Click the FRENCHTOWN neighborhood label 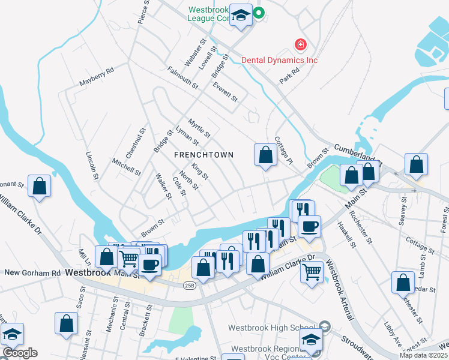pos(203,154)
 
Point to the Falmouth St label pos(182,77)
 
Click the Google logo pos(20,353)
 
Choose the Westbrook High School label pos(271,328)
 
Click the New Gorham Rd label pos(32,272)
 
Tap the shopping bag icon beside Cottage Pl pos(265,155)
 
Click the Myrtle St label pos(199,128)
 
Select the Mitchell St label pos(126,167)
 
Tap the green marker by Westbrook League pos(259,13)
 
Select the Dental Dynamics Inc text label pos(279,59)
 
